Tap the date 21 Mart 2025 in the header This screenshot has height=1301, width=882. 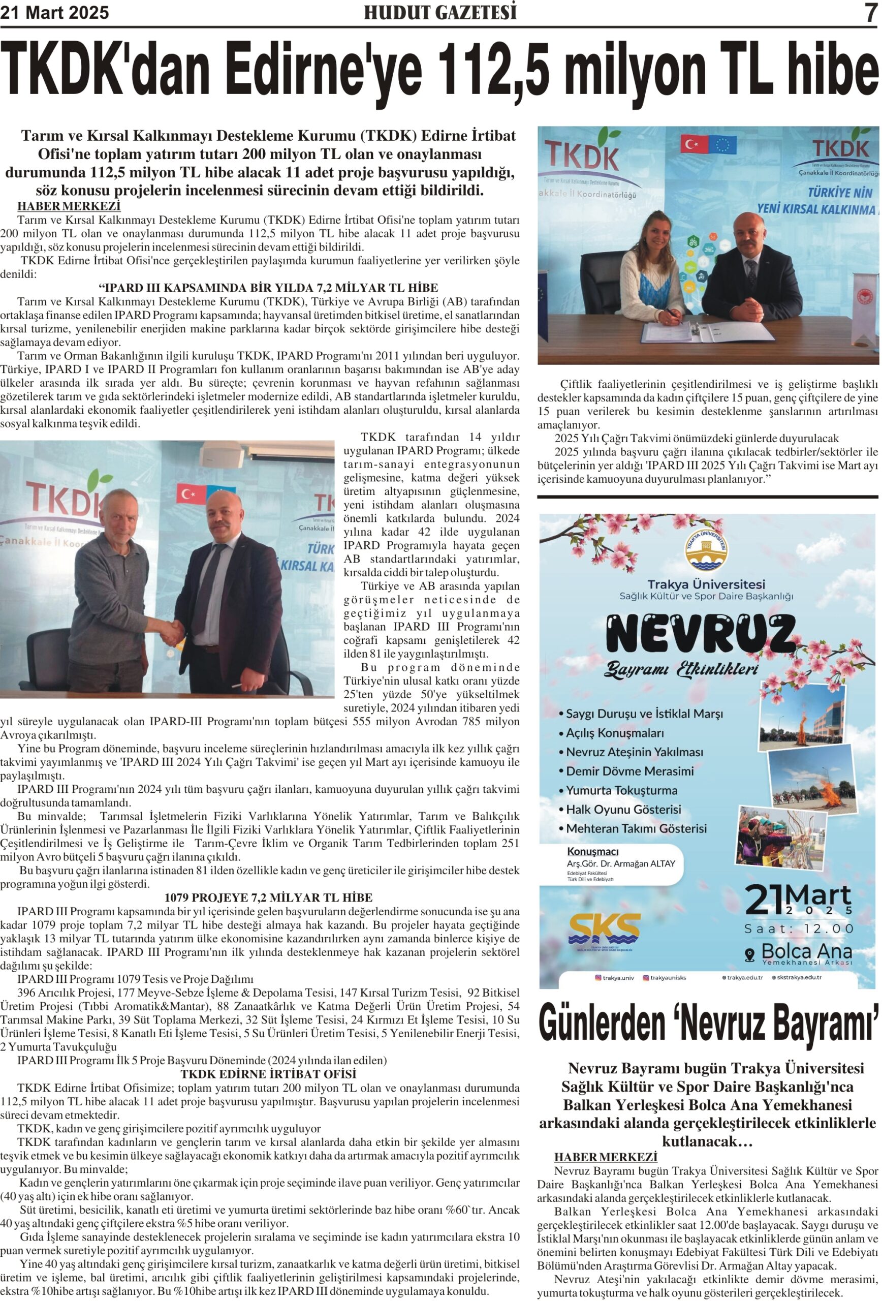pos(54,12)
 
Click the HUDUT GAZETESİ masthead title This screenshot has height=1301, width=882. pos(440,12)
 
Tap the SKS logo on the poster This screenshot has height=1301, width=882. pos(604,927)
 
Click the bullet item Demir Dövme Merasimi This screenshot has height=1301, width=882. pos(629,771)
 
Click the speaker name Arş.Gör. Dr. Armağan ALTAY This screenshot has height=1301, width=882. pos(621,863)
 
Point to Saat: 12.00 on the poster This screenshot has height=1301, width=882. pos(798,928)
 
